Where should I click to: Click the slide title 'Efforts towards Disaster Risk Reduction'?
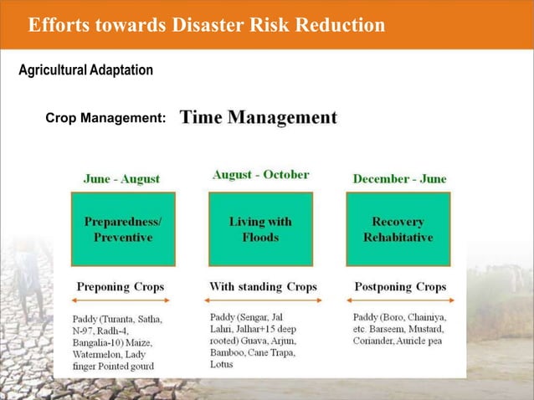(x=206, y=26)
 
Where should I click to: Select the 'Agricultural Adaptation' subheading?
(x=85, y=70)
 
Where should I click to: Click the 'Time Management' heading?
(x=259, y=117)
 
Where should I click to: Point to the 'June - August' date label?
(x=121, y=178)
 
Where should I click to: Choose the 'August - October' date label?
(x=260, y=175)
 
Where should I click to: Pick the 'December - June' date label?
(x=399, y=178)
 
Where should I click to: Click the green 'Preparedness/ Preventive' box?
(x=123, y=230)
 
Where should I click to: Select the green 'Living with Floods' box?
(x=260, y=230)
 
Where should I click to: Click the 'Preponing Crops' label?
(x=121, y=287)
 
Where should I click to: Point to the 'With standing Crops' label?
(x=263, y=286)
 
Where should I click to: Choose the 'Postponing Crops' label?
(x=400, y=287)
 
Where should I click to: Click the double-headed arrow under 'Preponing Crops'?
(x=122, y=300)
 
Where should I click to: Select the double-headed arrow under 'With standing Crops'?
(x=261, y=300)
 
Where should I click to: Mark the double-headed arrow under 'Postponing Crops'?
(x=399, y=300)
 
